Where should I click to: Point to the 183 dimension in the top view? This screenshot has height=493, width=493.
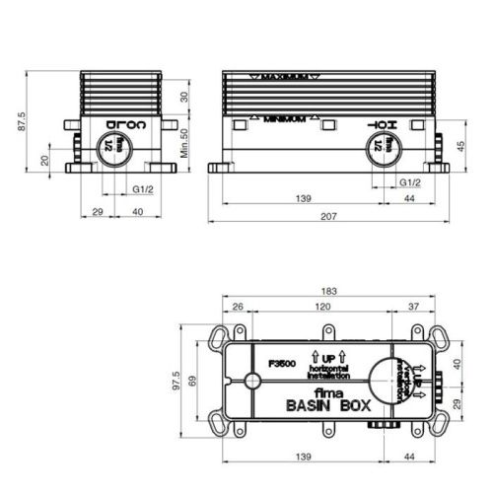pos(329,291)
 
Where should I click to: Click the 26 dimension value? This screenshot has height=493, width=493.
pos(238,308)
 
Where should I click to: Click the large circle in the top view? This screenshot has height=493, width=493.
pos(384,380)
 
